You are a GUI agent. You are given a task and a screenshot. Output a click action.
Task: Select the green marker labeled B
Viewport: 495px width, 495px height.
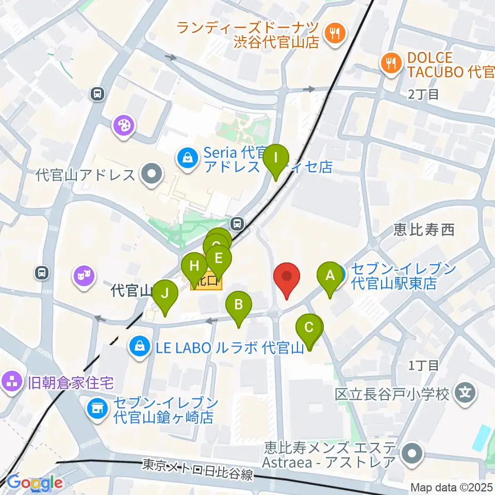pos(238,306)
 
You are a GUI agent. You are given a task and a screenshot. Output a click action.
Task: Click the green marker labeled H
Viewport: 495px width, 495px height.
pos(194,267)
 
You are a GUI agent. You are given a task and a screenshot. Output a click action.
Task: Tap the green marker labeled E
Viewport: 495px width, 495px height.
pos(219,258)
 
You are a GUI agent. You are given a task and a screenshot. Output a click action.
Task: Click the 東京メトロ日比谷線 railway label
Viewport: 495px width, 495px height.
pos(197,470)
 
